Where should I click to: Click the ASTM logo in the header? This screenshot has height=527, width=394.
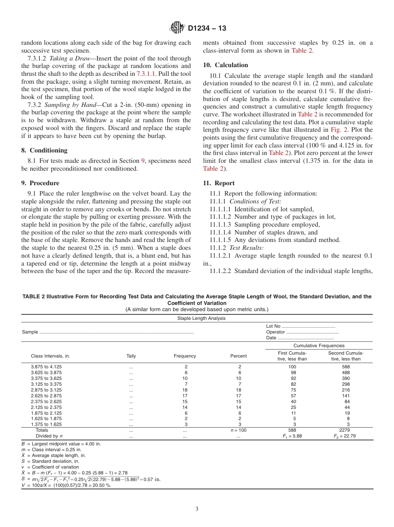178,28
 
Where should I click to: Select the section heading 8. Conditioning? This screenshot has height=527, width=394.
44,150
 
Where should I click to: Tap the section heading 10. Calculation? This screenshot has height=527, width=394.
226,65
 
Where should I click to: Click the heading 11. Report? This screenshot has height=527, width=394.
219,183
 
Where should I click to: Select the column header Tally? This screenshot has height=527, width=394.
131,356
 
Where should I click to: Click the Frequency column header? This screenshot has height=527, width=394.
185,356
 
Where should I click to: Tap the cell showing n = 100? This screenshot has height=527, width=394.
238,430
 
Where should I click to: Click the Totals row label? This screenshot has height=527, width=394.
42,430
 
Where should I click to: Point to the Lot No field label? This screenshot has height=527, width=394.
274,326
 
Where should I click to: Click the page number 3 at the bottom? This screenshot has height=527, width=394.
197,509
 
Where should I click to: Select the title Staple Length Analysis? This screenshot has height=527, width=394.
201,318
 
